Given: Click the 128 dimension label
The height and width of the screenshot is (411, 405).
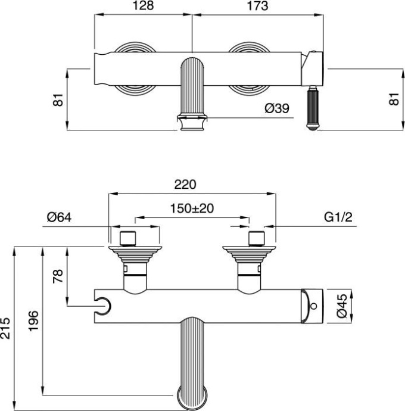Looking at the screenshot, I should tap(142, 7).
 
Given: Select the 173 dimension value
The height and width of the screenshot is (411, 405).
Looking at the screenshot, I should tap(256, 7).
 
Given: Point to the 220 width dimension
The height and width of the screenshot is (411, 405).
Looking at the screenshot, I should tap(185, 185).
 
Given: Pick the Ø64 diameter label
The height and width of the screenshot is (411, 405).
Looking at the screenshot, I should tap(59, 217).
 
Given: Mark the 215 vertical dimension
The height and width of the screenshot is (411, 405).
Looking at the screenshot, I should tap(6, 328).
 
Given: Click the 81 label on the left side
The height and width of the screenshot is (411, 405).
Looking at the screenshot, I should tap(58, 99).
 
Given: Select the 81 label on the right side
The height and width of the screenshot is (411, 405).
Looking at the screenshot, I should tap(393, 99).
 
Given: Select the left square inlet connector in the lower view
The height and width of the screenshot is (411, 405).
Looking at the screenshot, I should tap(129, 238).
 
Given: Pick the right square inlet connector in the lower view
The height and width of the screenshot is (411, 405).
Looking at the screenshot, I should tap(256, 238).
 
